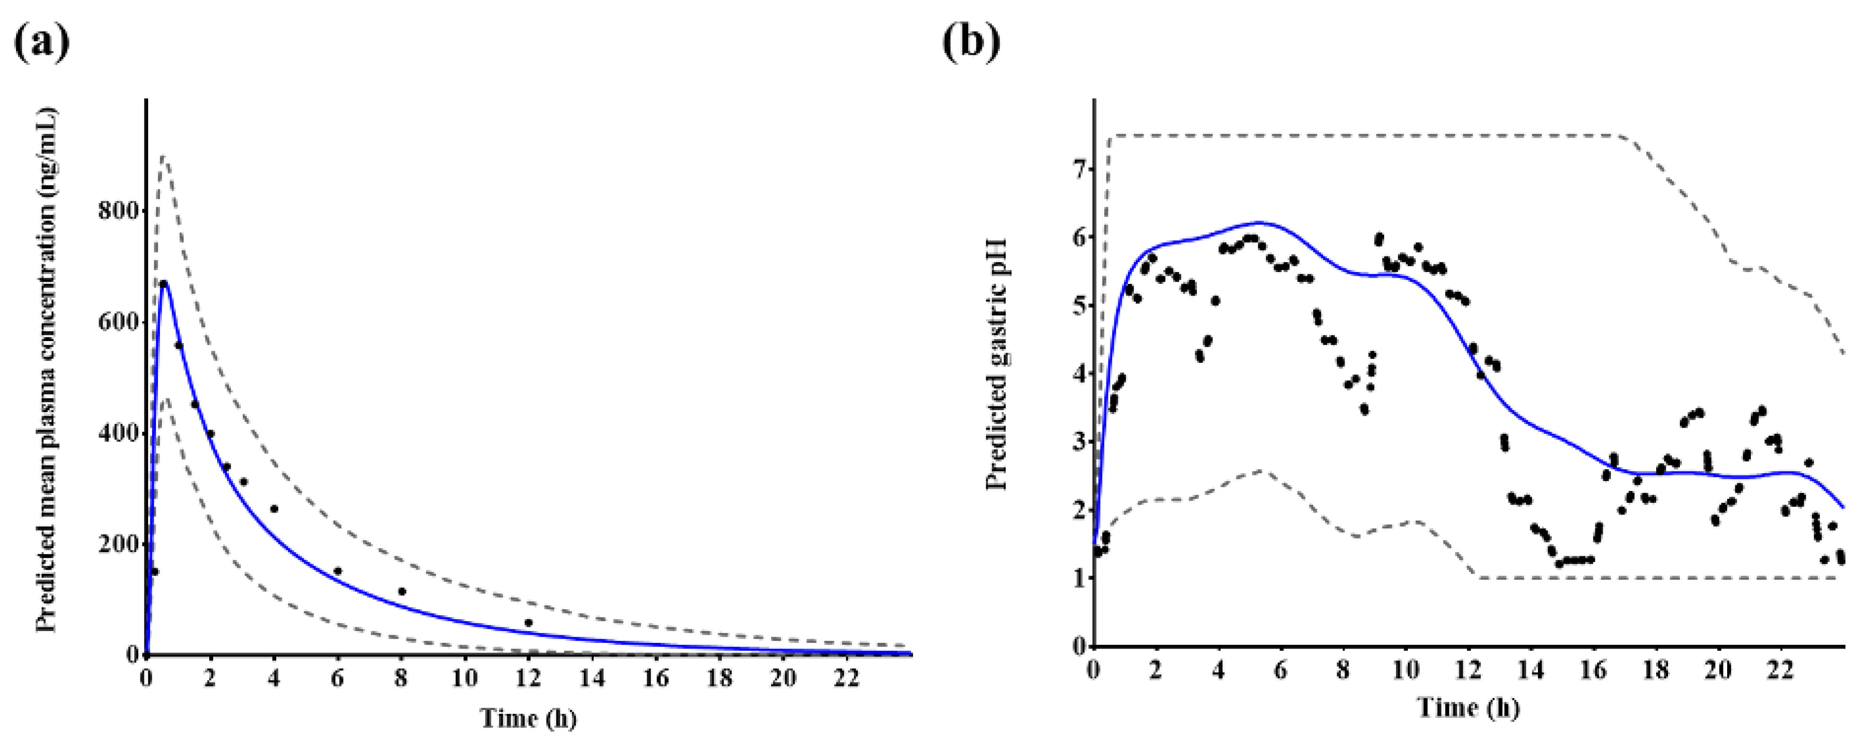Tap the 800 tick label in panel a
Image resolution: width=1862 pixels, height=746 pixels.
(118, 211)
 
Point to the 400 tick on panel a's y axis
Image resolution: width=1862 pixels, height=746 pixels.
(118, 433)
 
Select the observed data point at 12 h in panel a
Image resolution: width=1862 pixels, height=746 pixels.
(528, 623)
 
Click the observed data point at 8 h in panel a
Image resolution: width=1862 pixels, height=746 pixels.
(402, 591)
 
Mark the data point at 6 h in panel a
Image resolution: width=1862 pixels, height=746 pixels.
(338, 571)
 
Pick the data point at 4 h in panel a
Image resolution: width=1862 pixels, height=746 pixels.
(274, 509)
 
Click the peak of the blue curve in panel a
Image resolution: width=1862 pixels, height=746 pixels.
(164, 282)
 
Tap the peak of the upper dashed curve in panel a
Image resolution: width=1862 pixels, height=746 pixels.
(163, 156)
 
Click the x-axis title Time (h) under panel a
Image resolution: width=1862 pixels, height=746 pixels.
(528, 719)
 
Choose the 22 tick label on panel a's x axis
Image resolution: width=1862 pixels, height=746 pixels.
(846, 678)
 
